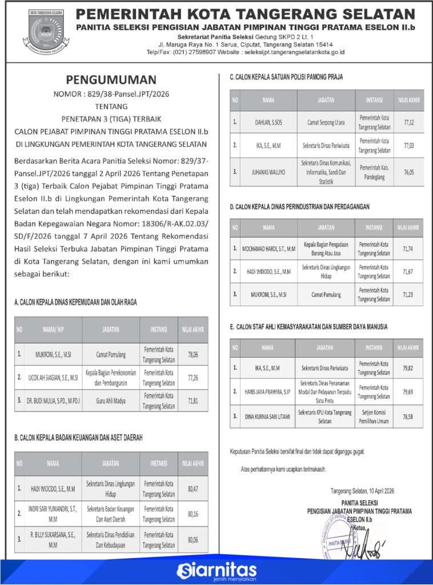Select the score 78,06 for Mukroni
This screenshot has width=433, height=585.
[x=193, y=354]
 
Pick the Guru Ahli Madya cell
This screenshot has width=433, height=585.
[x=110, y=401]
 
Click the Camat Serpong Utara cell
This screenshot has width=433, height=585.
[x=326, y=122]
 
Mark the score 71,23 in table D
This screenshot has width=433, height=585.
[x=408, y=295]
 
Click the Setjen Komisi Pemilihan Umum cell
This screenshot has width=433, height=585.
[x=374, y=416]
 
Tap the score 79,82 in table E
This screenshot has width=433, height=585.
[x=408, y=368]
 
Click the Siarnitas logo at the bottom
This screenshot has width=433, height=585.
[x=216, y=570]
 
